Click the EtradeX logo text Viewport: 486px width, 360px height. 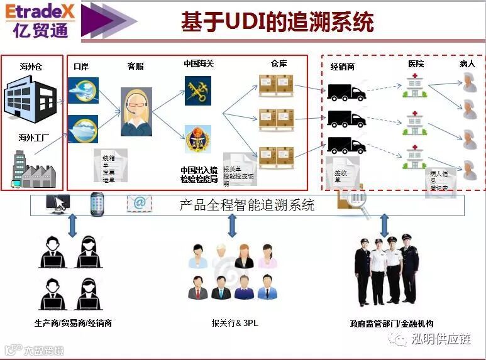[40, 12]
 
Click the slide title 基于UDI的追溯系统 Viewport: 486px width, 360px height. [277, 21]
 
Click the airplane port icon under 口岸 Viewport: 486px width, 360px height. [83, 90]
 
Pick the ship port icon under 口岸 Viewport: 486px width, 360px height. [83, 128]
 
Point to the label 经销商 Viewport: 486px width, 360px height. [343, 66]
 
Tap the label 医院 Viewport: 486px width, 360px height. [416, 64]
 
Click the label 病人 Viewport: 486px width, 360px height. [467, 64]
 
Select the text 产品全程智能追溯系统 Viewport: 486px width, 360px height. [247, 205]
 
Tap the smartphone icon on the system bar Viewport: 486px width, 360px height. [97, 203]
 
